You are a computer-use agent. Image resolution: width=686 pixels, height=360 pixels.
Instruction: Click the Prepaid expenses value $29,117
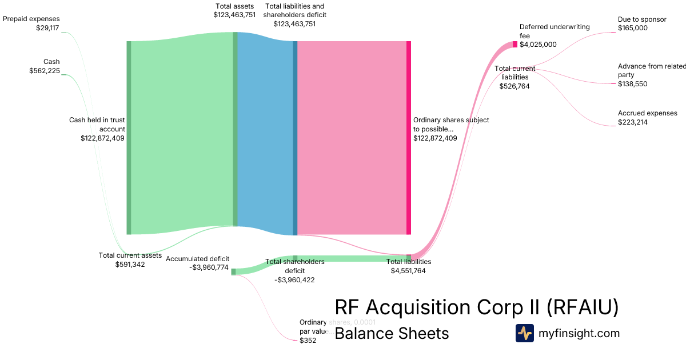pyautogui.click(x=47, y=27)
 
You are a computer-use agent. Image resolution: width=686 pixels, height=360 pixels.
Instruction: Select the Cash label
pyautogui.click(x=51, y=62)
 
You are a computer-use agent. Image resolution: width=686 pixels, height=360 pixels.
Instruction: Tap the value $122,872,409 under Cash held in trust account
pyautogui.click(x=102, y=138)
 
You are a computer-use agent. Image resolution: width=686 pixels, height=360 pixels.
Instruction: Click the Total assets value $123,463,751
pyautogui.click(x=234, y=15)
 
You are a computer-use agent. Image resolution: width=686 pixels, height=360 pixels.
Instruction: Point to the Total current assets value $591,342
pyautogui.click(x=130, y=265)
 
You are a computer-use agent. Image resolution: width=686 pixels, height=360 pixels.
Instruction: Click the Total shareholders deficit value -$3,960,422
pyautogui.click(x=294, y=280)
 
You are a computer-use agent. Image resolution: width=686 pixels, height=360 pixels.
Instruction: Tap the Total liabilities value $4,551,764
pyautogui.click(x=408, y=271)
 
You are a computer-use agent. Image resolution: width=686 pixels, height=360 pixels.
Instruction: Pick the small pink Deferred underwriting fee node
pyautogui.click(x=514, y=45)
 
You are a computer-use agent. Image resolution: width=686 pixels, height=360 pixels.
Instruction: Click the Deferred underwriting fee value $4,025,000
pyautogui.click(x=538, y=45)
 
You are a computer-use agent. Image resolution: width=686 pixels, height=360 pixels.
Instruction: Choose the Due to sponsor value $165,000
pyautogui.click(x=633, y=27)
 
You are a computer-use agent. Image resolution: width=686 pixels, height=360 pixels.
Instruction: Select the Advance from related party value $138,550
pyautogui.click(x=633, y=84)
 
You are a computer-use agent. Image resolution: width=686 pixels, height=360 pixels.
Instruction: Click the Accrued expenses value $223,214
pyautogui.click(x=633, y=122)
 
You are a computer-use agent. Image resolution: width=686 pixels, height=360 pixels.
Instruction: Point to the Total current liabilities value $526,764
pyautogui.click(x=514, y=86)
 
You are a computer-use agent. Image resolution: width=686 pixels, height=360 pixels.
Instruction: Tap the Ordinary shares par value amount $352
pyautogui.click(x=308, y=341)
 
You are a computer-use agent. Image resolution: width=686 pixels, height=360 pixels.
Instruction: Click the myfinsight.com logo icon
pyautogui.click(x=524, y=333)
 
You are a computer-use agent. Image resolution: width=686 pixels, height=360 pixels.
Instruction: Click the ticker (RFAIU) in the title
pyautogui.click(x=583, y=307)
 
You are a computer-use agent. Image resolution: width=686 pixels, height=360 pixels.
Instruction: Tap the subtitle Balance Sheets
pyautogui.click(x=392, y=333)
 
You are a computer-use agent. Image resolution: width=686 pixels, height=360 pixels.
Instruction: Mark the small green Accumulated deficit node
pyautogui.click(x=233, y=272)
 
